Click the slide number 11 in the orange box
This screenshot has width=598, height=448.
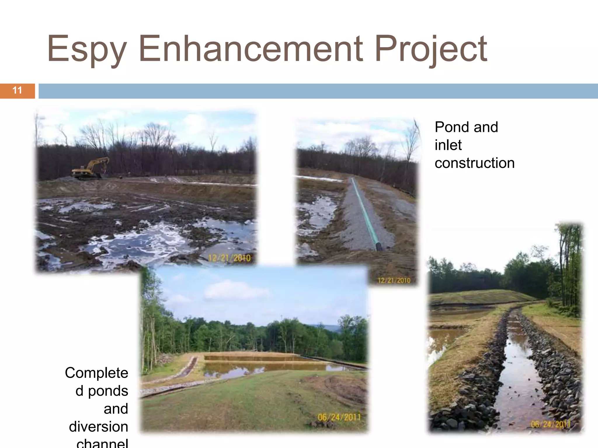tap(17, 90)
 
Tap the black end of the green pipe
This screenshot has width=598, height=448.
tap(379, 247)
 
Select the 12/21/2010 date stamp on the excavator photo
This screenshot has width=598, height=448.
tap(229, 258)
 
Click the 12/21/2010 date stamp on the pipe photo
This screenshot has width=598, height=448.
tap(394, 280)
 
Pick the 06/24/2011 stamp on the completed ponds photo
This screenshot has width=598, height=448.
tap(339, 417)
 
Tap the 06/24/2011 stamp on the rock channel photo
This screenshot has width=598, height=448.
tap(550, 424)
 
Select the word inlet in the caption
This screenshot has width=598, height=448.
tap(448, 145)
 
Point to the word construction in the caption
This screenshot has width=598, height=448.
tap(474, 163)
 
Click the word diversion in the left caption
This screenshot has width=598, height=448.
tap(98, 427)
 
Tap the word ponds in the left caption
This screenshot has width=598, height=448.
tap(108, 391)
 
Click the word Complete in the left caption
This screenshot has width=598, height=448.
tap(96, 373)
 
